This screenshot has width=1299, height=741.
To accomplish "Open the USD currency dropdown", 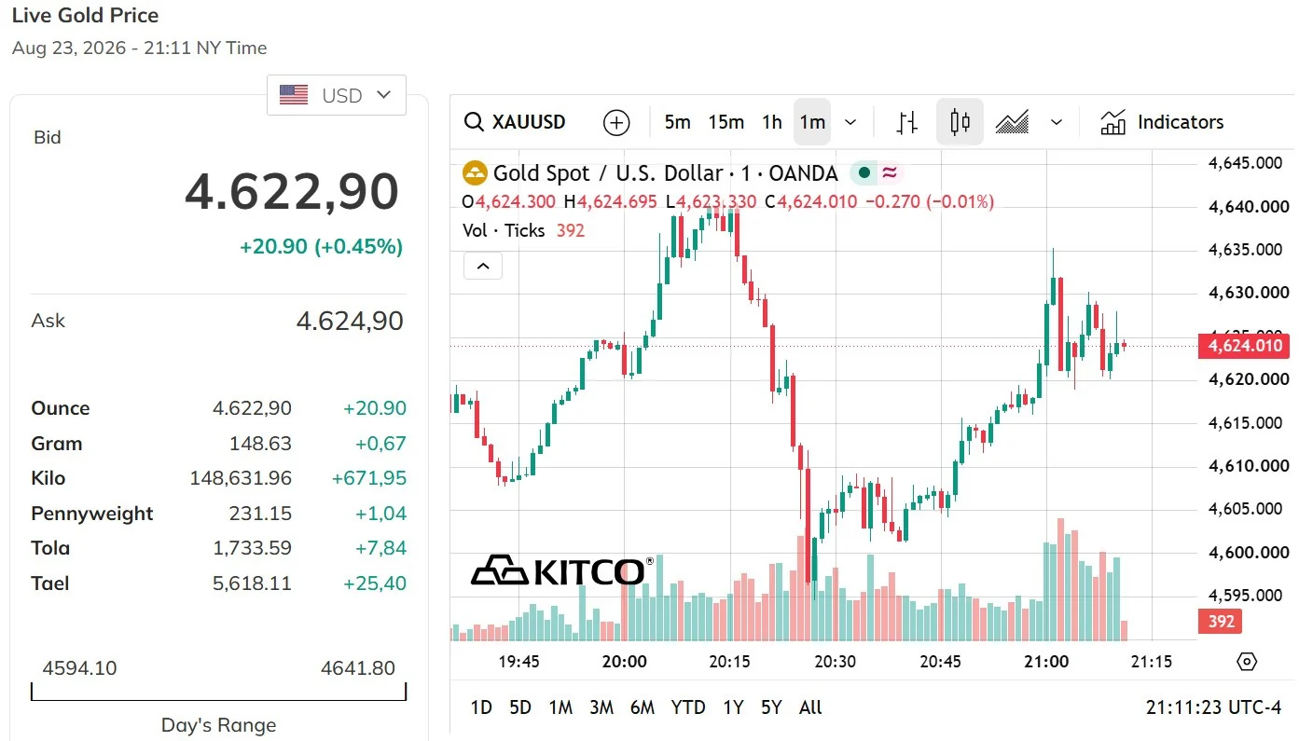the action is coord(337,95).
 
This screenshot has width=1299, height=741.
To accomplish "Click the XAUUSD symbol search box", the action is coord(515,122).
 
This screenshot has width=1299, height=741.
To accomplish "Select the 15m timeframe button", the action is coord(726,122).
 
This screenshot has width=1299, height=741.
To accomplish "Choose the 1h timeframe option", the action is coord(772,122).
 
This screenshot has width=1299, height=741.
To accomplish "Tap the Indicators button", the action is coord(1162,122).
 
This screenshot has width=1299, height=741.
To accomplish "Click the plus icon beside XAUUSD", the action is coord(615,123).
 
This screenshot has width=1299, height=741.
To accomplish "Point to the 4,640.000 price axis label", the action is coord(1248,207).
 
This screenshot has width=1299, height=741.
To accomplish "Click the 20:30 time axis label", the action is coord(836,662).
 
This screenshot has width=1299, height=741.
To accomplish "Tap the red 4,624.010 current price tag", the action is coord(1244,346).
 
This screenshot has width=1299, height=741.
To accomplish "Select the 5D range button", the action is coord(520,707).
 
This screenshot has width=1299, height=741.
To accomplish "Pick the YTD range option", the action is coord(688,707).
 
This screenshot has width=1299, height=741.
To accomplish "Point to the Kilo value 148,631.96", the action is coord(241,478).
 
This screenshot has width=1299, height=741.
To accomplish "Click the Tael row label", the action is coord(49,583).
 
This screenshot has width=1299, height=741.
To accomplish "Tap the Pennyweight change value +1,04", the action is coord(380,514).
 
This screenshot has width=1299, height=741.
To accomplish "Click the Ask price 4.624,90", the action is coord(350,322).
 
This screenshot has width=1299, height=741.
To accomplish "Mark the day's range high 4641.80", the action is coord(358,668).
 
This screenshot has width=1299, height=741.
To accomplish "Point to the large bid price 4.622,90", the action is coord(292,192).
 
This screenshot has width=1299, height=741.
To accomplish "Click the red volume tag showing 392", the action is coord(1220,622).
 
